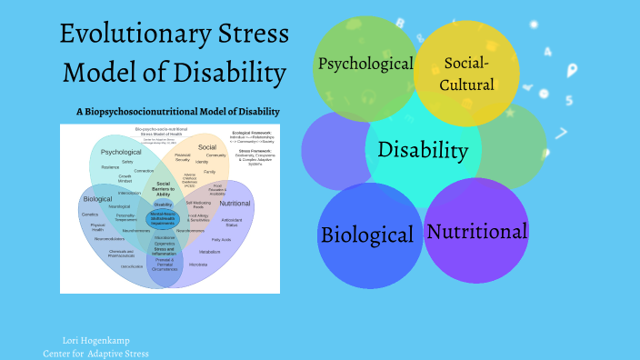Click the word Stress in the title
(x=248, y=35)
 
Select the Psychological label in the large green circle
(x=364, y=65)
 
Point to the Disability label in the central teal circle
(x=424, y=150)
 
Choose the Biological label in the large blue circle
(x=366, y=235)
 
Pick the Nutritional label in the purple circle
(x=476, y=231)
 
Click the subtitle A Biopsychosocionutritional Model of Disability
(x=178, y=112)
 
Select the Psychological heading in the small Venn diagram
(x=121, y=152)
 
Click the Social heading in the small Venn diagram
(x=207, y=146)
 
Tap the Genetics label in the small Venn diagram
(x=89, y=215)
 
